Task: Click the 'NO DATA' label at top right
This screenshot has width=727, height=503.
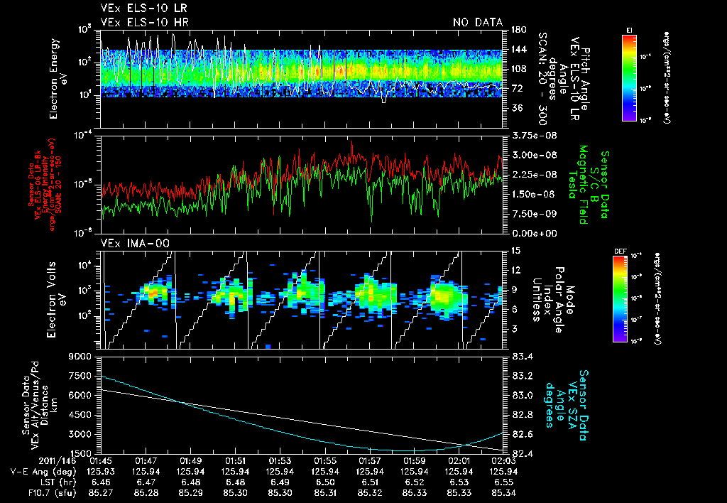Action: (x=478, y=23)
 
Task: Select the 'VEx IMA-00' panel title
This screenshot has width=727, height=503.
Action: (x=130, y=244)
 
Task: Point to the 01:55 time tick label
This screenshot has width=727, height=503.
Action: (x=325, y=460)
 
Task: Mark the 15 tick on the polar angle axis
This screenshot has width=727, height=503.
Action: (x=516, y=250)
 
